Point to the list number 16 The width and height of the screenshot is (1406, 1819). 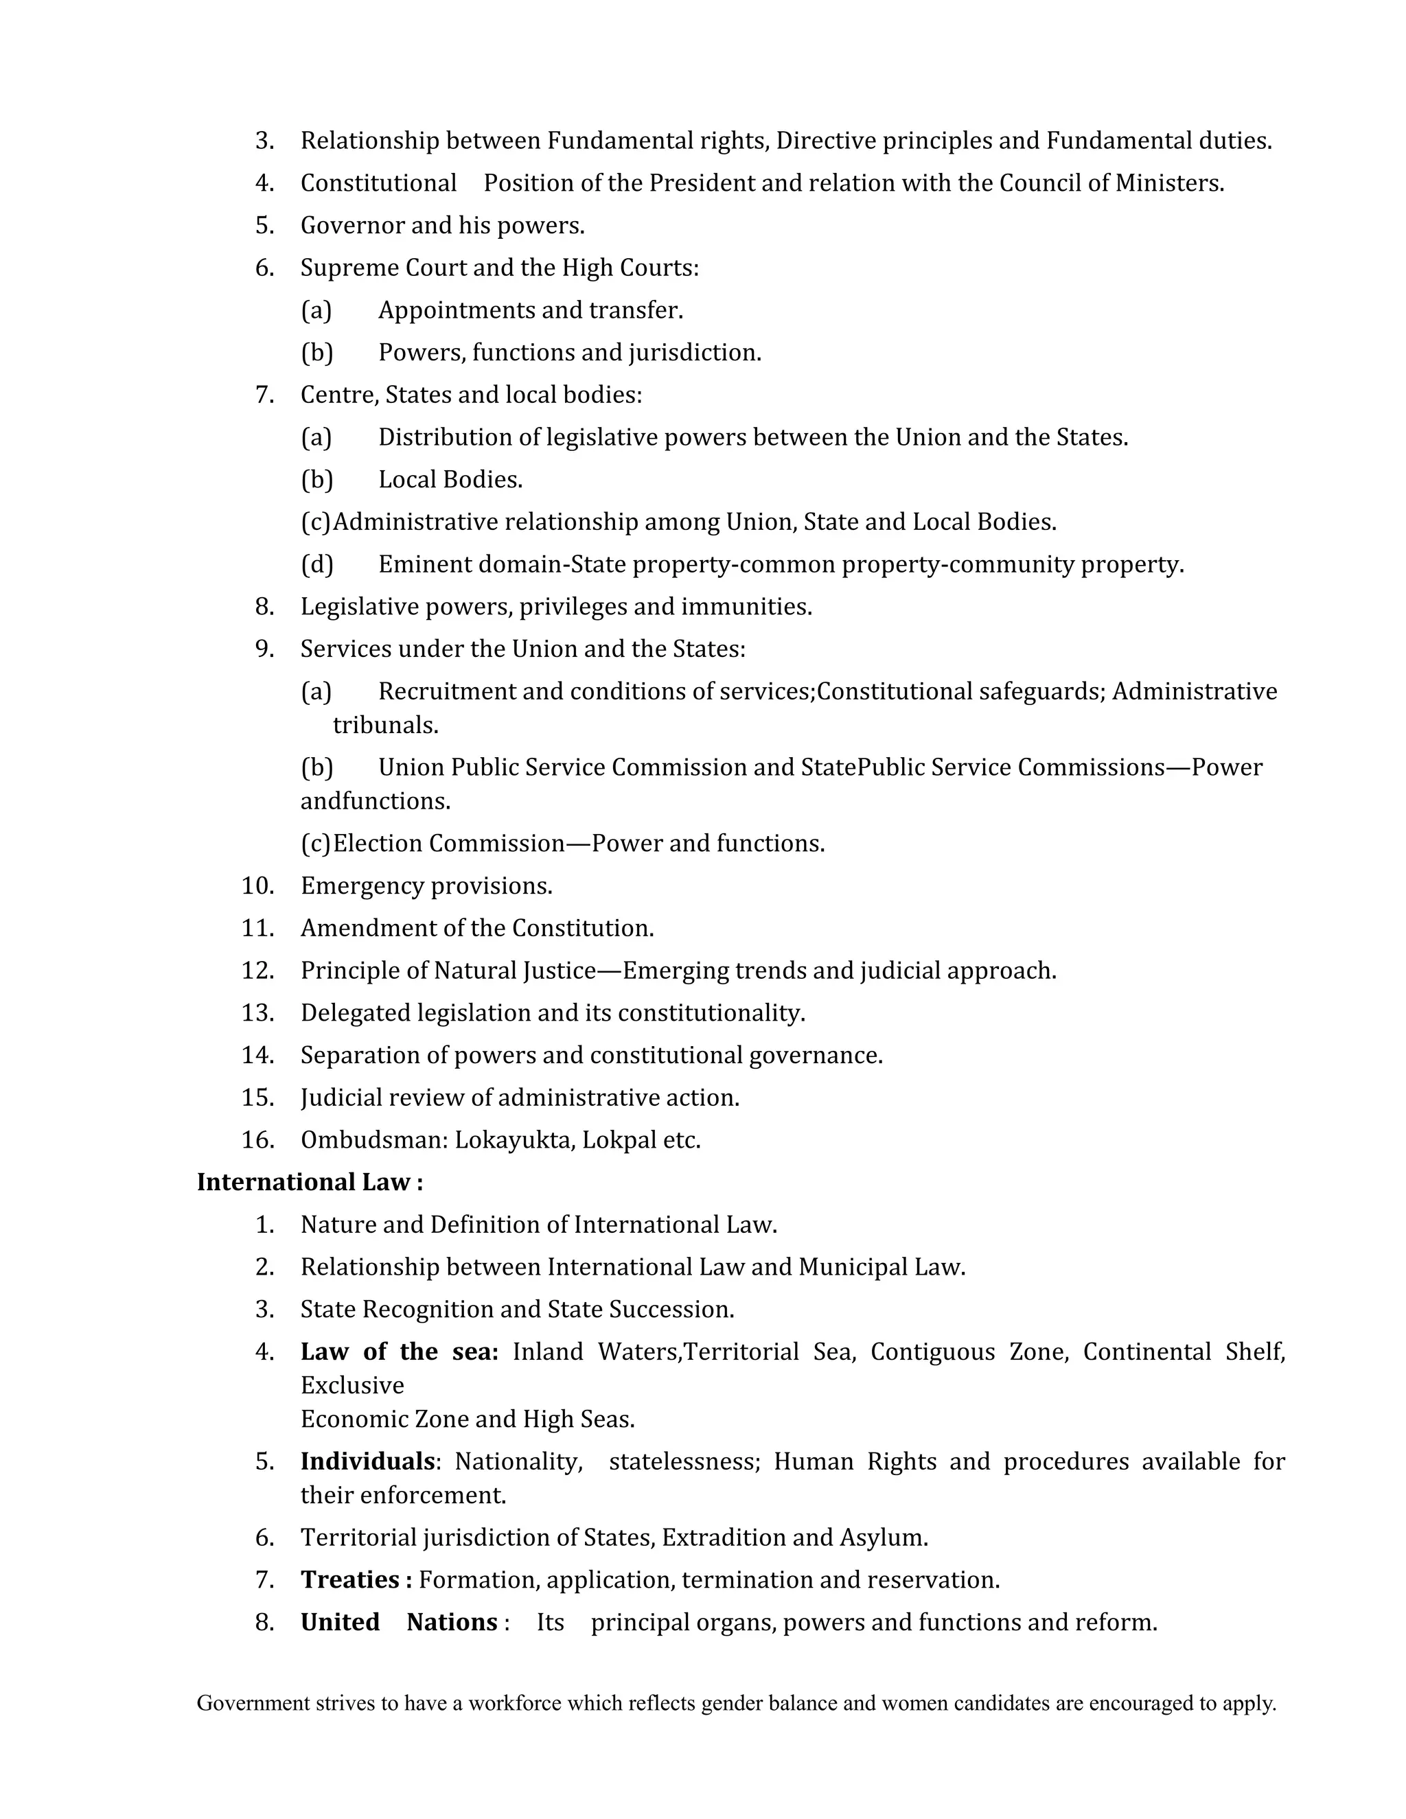coord(257,1139)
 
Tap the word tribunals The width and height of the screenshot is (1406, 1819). coord(386,726)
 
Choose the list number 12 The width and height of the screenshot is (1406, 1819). coord(257,971)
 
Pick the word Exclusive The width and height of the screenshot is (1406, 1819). coord(352,1385)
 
